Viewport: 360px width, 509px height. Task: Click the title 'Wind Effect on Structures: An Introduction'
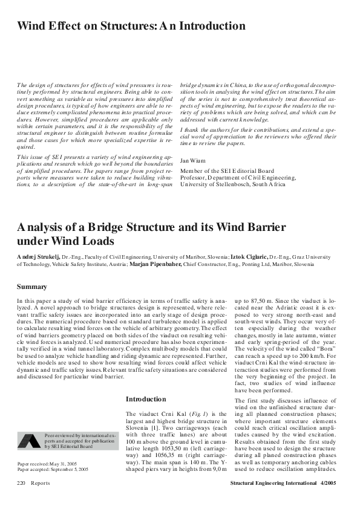click(131, 27)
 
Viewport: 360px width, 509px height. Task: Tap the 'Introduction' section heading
click(145, 399)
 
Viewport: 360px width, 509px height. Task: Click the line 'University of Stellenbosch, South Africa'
click(238, 184)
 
